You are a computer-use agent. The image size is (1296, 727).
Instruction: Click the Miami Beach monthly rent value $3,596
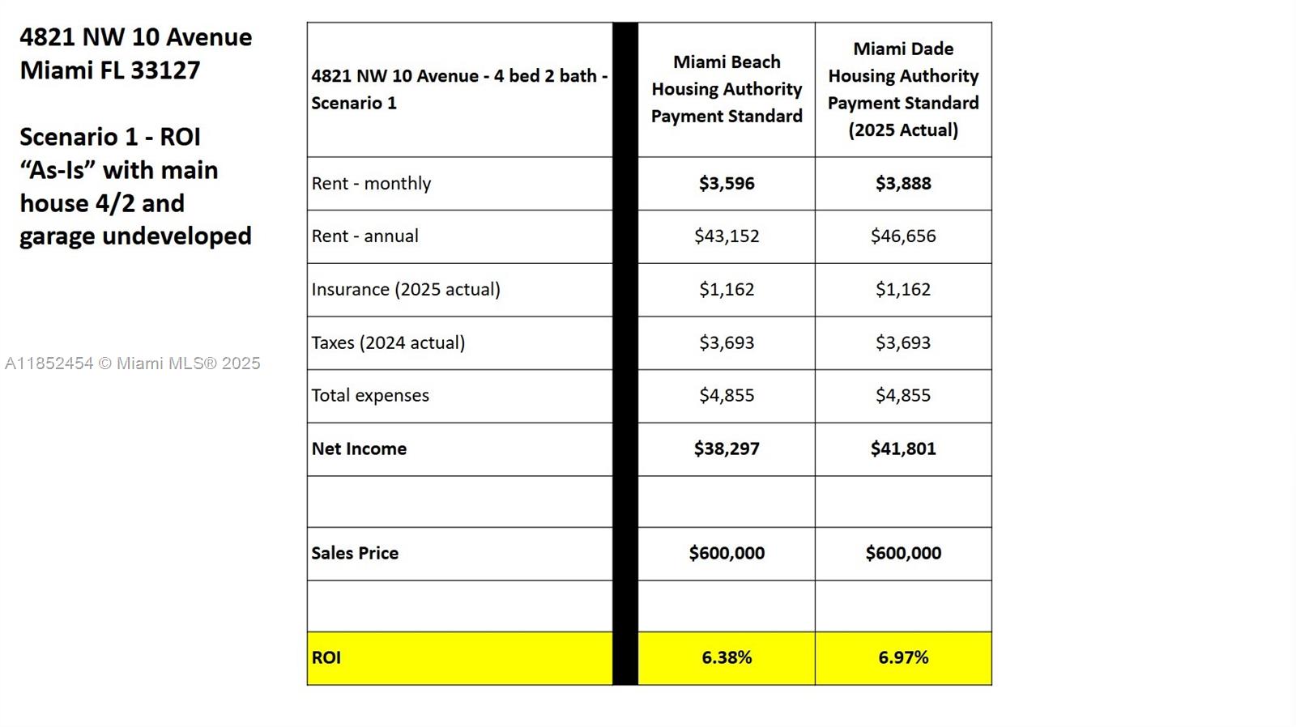tap(727, 184)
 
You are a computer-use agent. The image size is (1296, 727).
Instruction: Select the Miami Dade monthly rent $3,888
tap(903, 184)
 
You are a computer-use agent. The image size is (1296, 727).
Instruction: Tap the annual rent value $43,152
tap(727, 236)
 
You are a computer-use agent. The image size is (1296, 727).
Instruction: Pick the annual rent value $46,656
tap(903, 236)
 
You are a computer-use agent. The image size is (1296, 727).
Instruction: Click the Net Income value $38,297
tap(727, 449)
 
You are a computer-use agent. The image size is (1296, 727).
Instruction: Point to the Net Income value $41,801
tap(903, 449)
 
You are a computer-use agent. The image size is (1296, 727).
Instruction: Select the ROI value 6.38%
tap(727, 657)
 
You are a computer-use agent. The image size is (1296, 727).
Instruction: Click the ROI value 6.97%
tap(903, 657)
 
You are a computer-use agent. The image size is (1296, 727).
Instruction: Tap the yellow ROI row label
tap(326, 657)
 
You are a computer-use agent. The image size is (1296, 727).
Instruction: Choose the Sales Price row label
tap(355, 553)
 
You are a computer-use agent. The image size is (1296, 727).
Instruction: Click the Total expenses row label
tap(370, 396)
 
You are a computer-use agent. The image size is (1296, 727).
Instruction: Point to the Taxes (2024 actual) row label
tap(388, 342)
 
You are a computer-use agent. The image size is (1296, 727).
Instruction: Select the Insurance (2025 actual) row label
tap(406, 290)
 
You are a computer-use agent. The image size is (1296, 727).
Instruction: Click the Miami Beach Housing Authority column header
tap(727, 89)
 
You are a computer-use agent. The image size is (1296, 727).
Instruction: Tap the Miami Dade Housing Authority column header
tap(903, 89)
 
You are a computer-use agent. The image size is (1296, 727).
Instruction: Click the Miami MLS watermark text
tap(133, 363)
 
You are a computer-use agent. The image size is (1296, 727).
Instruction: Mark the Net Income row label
tap(359, 449)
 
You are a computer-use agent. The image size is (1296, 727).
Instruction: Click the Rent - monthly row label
tap(371, 184)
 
